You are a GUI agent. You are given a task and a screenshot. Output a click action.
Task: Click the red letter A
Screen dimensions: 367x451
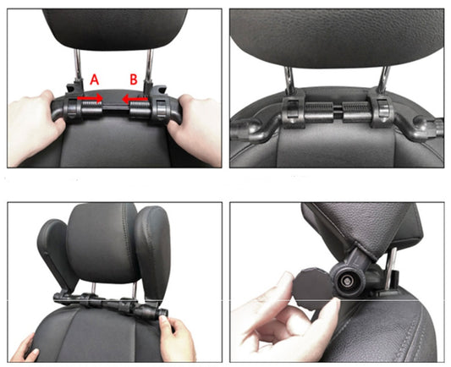pyautogui.click(x=95, y=78)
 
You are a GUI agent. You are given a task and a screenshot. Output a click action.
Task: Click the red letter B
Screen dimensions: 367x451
pyautogui.click(x=132, y=78)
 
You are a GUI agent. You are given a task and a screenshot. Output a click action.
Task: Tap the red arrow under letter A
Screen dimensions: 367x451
pyautogui.click(x=90, y=98)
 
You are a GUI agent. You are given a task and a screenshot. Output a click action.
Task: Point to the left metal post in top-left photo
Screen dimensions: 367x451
pyautogui.click(x=78, y=66)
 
